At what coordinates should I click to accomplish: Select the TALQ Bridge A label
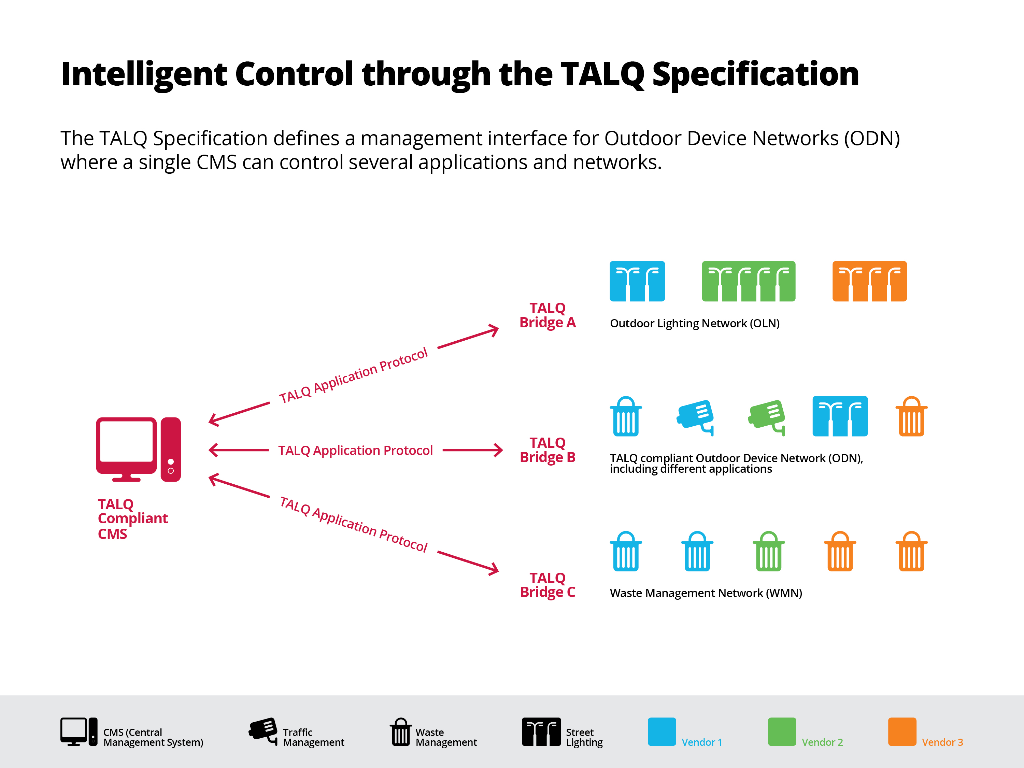click(547, 315)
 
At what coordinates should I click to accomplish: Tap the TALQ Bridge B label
click(547, 450)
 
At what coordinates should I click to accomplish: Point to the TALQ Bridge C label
click(547, 585)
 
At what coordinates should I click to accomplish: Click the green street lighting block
click(749, 281)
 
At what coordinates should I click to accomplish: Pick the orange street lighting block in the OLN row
click(869, 281)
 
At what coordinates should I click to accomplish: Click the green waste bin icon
click(768, 551)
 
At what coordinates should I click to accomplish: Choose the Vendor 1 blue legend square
click(662, 731)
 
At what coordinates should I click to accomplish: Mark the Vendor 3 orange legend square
click(902, 731)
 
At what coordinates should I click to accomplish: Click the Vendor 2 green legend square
click(782, 731)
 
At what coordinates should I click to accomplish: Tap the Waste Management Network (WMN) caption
click(706, 593)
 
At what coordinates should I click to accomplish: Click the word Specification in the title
click(755, 74)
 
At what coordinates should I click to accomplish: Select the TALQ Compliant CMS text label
click(132, 518)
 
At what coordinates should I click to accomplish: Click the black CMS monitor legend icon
click(79, 732)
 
